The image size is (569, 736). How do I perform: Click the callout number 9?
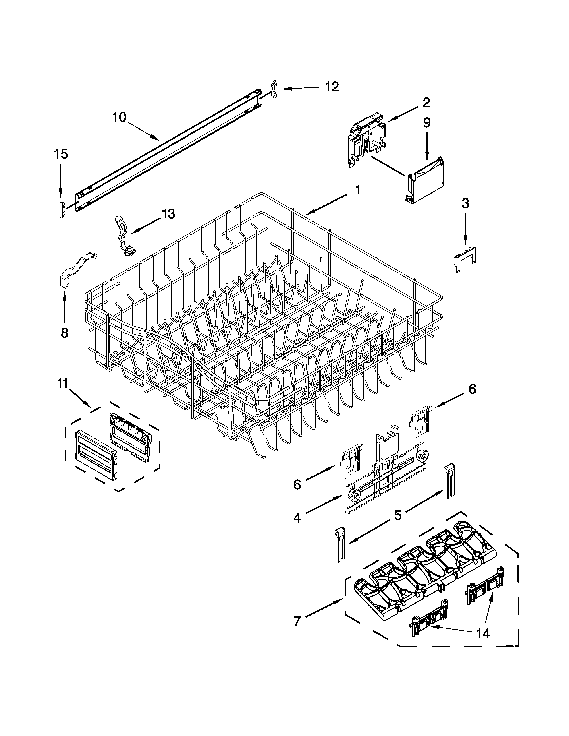tap(426, 123)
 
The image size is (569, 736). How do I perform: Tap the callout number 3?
tap(465, 203)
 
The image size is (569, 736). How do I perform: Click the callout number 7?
tap(297, 621)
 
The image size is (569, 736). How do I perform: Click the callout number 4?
tap(297, 518)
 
